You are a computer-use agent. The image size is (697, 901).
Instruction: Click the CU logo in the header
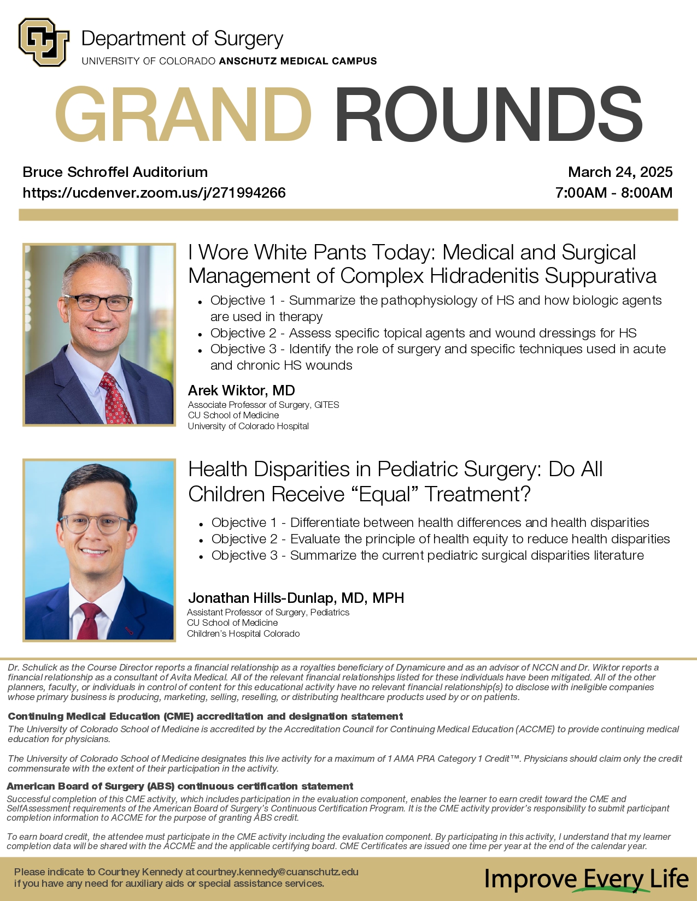pyautogui.click(x=43, y=43)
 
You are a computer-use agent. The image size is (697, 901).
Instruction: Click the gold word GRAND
pyautogui.click(x=183, y=115)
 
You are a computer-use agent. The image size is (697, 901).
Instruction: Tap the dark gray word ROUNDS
pyautogui.click(x=488, y=115)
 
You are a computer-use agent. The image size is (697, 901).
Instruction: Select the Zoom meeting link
pyautogui.click(x=154, y=193)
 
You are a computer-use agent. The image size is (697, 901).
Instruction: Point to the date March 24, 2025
pyautogui.click(x=620, y=172)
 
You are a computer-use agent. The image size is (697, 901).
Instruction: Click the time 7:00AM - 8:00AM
pyautogui.click(x=613, y=193)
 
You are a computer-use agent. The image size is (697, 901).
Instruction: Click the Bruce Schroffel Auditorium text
pyautogui.click(x=115, y=172)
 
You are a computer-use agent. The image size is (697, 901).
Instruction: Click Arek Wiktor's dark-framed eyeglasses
pyautogui.click(x=98, y=302)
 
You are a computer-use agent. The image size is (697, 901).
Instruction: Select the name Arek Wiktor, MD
pyautogui.click(x=241, y=390)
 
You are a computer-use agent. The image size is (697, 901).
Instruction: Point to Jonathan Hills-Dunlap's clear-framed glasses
pyautogui.click(x=95, y=524)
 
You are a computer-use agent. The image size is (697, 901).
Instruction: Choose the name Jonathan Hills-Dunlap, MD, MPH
pyautogui.click(x=296, y=598)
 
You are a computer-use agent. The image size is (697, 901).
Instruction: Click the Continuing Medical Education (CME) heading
pyautogui.click(x=205, y=716)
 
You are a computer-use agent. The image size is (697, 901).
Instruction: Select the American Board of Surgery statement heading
pyautogui.click(x=180, y=786)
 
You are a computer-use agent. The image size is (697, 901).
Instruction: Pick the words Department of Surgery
pyautogui.click(x=182, y=39)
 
